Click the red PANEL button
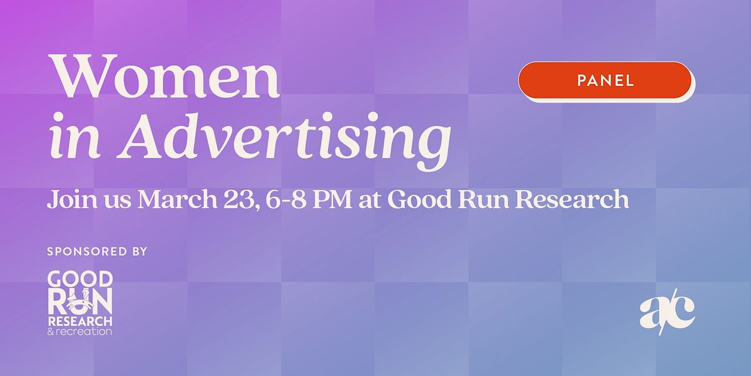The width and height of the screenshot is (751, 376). (605, 80)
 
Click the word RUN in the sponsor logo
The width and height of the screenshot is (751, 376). (80, 303)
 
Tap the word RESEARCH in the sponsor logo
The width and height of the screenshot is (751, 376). (80, 320)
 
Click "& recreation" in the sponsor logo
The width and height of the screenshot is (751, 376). (80, 330)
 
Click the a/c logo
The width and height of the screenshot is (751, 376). (667, 313)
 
